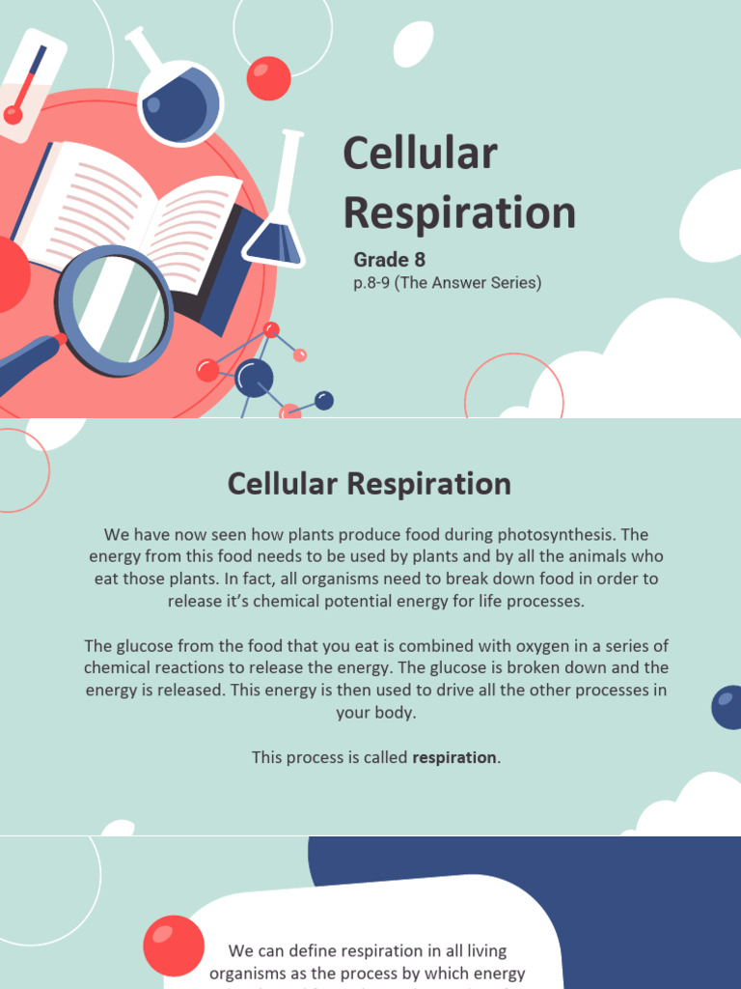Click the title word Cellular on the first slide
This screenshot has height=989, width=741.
420,155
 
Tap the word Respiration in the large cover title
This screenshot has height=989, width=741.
459,213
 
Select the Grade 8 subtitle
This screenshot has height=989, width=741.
389,259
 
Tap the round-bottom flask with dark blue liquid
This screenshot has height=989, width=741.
179,102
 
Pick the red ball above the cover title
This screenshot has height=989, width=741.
268,78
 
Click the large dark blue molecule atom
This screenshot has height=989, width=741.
254,378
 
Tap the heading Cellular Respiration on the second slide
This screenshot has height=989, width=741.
370,484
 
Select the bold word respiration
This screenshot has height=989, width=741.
454,757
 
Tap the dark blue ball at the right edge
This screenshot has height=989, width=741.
728,707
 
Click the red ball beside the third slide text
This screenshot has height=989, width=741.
174,946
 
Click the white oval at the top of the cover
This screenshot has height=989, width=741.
413,44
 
